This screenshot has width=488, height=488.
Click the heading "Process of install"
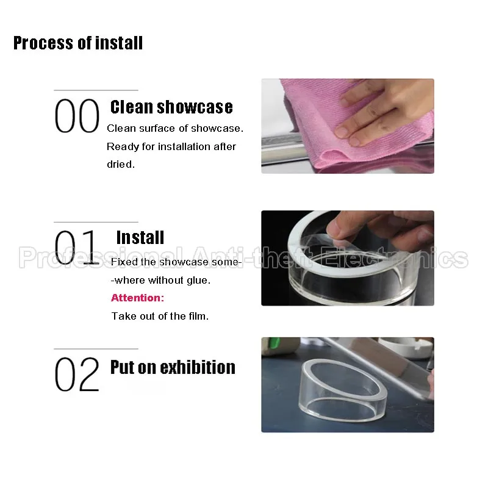point(78,43)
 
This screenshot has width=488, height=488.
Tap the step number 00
point(77,116)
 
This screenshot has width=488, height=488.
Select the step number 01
point(76,248)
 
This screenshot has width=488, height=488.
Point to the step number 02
point(77,375)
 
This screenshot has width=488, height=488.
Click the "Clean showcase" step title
point(171,107)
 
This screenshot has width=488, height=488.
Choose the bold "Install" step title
point(140,238)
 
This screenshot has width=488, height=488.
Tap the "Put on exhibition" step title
point(173,367)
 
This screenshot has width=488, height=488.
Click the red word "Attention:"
point(138,298)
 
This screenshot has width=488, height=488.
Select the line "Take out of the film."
point(160,316)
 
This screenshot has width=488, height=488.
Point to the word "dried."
point(121,164)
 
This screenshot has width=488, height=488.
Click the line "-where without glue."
point(160,280)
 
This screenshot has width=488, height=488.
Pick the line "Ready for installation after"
point(171,146)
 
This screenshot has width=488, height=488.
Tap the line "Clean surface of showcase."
point(175,128)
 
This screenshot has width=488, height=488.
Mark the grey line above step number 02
point(96,349)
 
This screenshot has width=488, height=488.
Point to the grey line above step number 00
point(96,90)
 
